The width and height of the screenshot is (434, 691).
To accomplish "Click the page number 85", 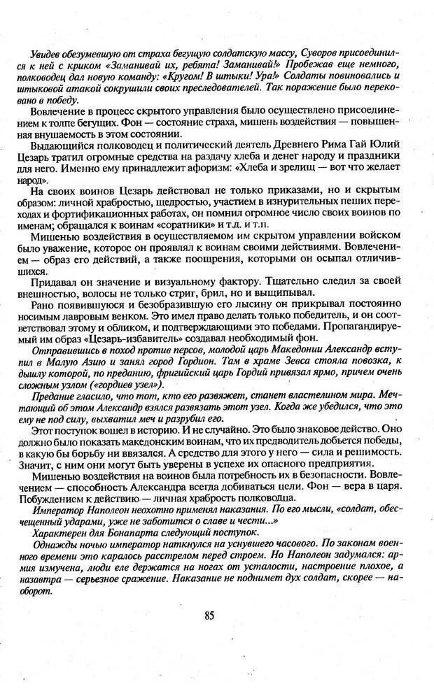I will pyautogui.click(x=209, y=615).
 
